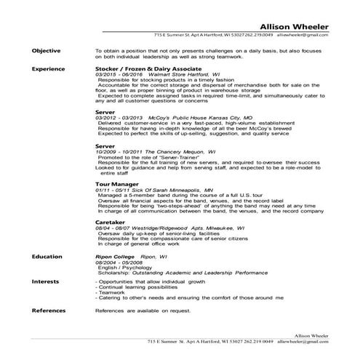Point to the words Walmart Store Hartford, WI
(x=183, y=73)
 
